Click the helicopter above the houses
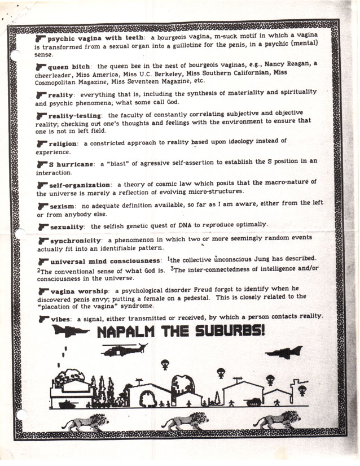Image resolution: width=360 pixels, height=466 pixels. tap(123, 350)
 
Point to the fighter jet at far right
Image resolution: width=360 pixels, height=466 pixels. tap(284, 353)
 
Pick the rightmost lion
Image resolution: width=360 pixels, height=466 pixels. tap(278, 420)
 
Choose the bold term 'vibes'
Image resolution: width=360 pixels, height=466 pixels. tap(61, 319)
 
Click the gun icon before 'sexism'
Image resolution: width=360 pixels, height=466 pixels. tap(42, 207)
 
